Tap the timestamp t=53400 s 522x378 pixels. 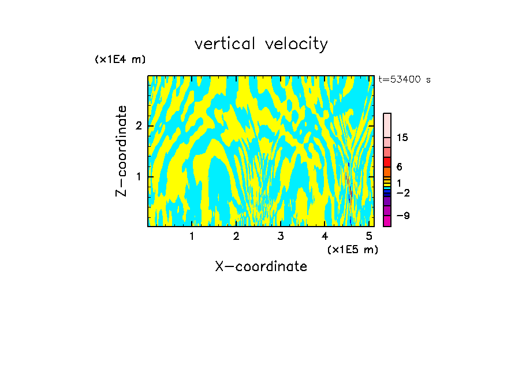click(x=405, y=80)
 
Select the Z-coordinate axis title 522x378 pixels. click(x=121, y=151)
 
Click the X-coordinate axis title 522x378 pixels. click(x=261, y=266)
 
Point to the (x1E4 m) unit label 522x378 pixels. click(x=120, y=60)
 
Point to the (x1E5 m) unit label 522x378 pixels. click(x=352, y=249)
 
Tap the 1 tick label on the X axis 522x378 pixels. click(x=192, y=236)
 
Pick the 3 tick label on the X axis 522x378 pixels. click(x=281, y=236)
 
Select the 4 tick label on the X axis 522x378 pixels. click(x=325, y=236)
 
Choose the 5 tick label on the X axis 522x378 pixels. click(x=369, y=236)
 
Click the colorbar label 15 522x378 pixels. click(x=402, y=138)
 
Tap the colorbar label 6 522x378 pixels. click(x=399, y=166)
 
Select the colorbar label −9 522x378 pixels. click(x=402, y=216)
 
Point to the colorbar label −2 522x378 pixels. click(x=402, y=192)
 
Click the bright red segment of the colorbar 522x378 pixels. click(x=387, y=162)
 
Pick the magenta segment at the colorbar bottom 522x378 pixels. click(x=387, y=221)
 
